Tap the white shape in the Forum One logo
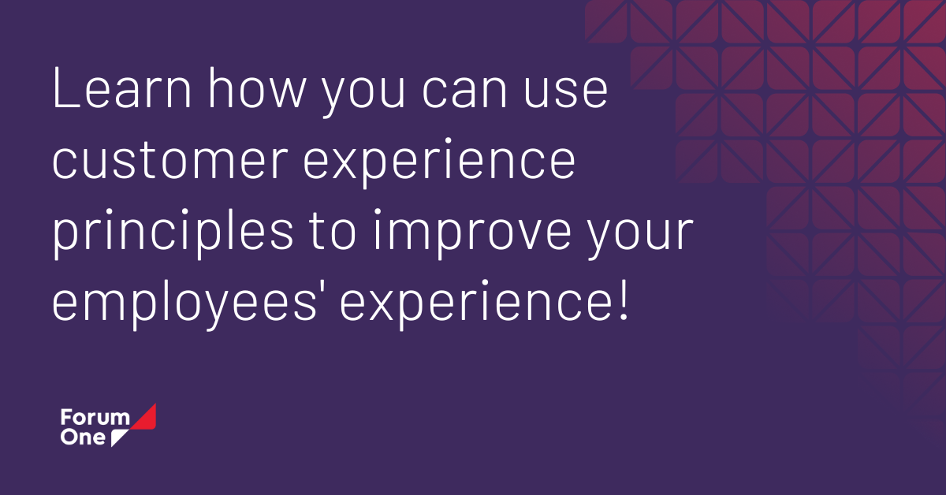coord(120,437)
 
